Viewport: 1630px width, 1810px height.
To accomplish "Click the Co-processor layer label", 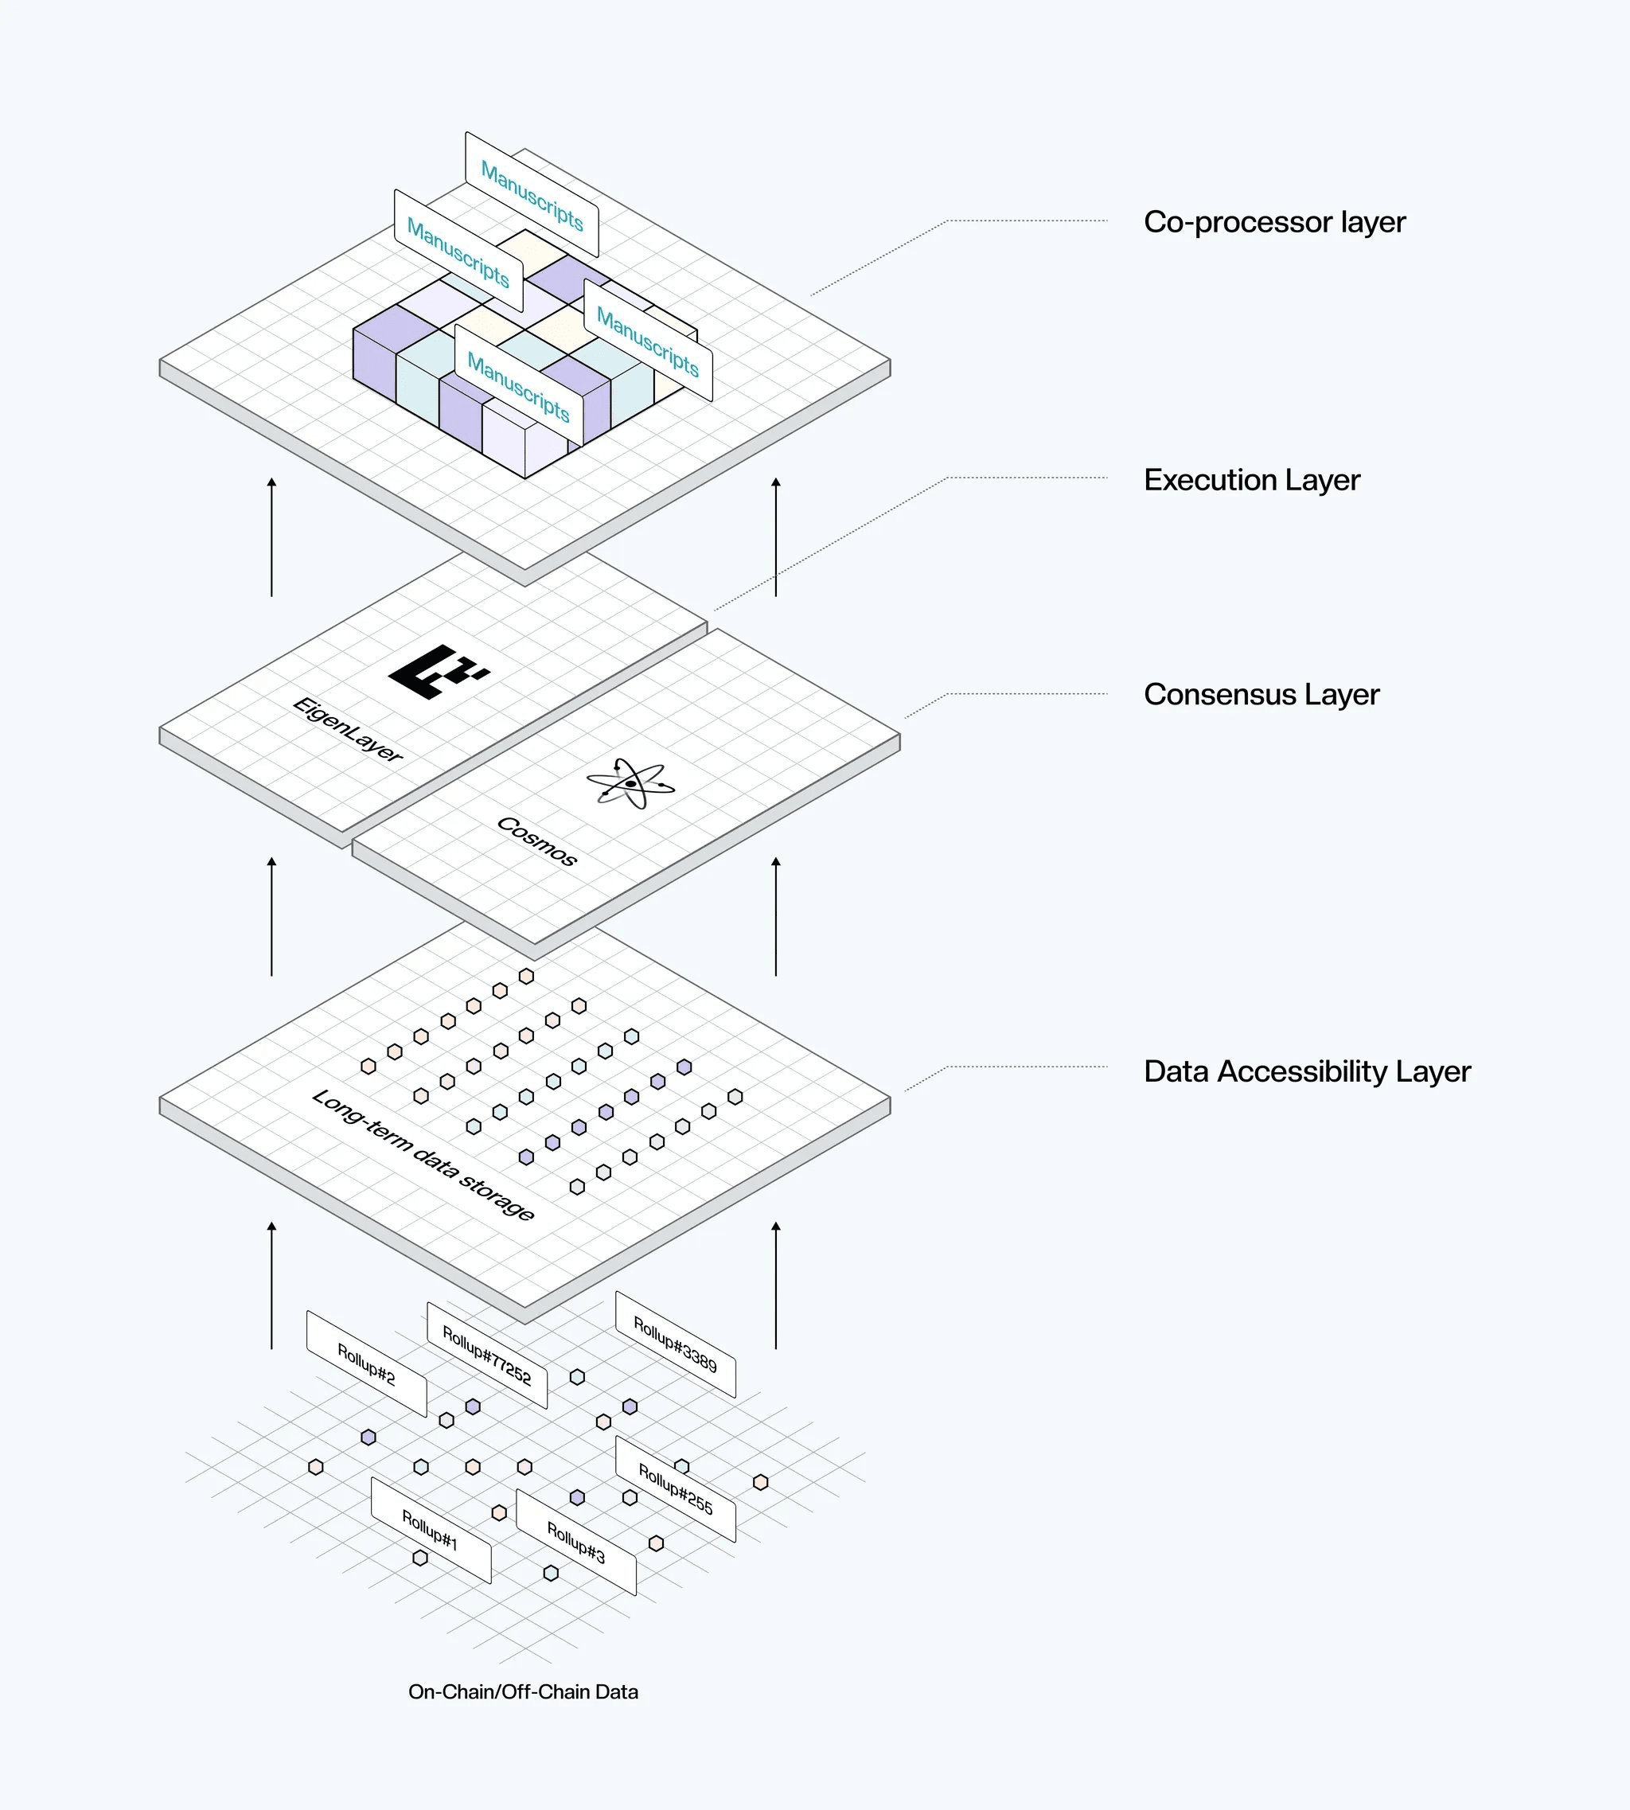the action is point(1274,222).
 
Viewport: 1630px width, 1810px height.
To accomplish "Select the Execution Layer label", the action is point(1251,480).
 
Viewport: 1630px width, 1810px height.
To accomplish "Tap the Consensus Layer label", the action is point(1261,694).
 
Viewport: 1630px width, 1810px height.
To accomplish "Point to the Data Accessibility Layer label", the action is point(1307,1071).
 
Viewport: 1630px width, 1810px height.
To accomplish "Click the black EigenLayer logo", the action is point(437,671).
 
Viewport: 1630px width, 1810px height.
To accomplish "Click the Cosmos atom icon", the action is point(630,782).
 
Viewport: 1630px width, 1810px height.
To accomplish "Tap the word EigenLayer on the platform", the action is point(348,729).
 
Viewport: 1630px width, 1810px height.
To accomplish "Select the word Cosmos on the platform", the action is point(536,841).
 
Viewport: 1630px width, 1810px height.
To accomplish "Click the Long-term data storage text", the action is point(423,1154).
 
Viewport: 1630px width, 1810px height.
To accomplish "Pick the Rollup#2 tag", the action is point(366,1364).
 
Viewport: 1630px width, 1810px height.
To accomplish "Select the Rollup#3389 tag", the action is point(675,1344).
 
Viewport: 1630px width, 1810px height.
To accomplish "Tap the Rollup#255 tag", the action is point(675,1488).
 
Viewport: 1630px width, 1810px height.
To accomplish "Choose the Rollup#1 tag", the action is point(431,1530).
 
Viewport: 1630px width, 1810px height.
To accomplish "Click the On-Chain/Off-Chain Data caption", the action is point(523,1691).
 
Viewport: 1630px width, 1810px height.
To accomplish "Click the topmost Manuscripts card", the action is point(531,195).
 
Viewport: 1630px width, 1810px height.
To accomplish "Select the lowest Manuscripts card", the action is point(519,388).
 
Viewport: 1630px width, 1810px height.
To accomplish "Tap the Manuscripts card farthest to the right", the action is point(648,341).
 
